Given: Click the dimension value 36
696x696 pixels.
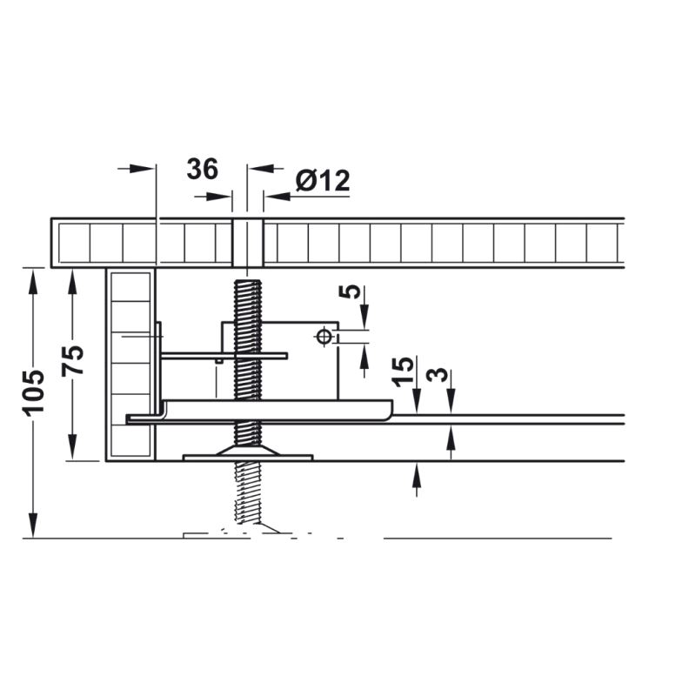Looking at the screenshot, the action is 203,169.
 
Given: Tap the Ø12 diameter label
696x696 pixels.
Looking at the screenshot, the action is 323,181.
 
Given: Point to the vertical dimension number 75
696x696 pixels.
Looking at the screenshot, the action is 73,360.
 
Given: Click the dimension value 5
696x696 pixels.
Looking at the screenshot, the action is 351,291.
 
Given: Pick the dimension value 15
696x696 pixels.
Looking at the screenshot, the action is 403,371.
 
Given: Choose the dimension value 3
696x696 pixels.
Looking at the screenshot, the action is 438,375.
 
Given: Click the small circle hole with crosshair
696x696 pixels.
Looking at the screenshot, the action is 324,337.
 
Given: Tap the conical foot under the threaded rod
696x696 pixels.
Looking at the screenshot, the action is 248,451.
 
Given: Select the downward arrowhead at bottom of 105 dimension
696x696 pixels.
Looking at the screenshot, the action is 33,525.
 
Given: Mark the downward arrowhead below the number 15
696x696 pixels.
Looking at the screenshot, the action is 417,402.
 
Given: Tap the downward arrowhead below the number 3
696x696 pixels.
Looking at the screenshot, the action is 451,402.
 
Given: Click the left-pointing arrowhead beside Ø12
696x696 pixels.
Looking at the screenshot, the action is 276,197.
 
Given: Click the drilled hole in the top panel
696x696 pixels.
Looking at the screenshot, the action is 248,243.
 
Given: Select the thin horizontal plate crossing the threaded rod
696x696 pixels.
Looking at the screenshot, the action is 224,356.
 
